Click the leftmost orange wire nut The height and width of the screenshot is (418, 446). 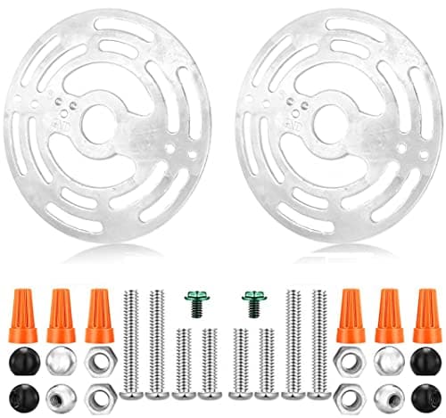pyautogui.click(x=24, y=316)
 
